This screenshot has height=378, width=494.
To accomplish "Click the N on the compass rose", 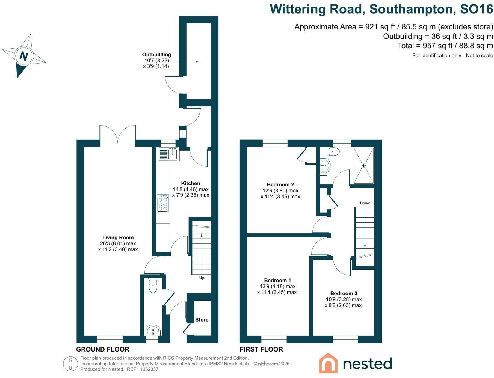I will [24, 56].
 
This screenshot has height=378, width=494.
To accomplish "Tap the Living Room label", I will [118, 238].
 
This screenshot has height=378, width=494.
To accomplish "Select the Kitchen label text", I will [191, 183].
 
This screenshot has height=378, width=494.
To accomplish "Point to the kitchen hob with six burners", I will [163, 203].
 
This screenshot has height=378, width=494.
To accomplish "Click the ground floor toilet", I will [153, 286].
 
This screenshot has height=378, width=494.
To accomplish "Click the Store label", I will [202, 320].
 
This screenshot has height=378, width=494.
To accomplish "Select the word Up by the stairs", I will [202, 278].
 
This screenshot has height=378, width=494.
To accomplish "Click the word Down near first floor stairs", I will [365, 203].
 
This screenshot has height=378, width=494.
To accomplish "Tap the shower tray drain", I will [363, 166].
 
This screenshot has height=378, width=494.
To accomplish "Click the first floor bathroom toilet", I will [334, 151].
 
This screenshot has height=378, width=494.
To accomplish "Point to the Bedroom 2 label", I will [280, 185].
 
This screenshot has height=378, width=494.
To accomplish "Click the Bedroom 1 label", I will [277, 281].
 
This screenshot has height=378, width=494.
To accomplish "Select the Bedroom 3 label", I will [344, 294].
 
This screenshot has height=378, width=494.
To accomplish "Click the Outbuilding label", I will [156, 55].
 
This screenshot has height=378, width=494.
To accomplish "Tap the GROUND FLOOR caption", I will [103, 349].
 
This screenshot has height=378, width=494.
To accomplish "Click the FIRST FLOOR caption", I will [261, 349].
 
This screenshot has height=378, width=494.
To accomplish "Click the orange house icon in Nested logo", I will [328, 363].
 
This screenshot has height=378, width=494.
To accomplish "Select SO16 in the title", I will [476, 9].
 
